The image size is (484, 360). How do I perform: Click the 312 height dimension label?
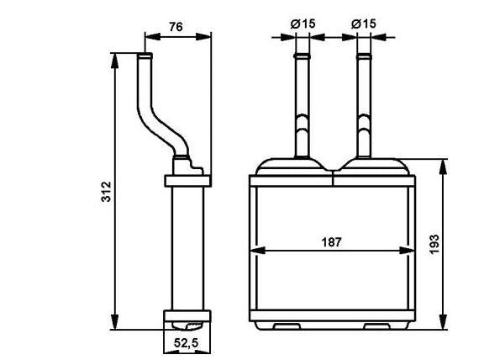pyautogui.click(x=106, y=192)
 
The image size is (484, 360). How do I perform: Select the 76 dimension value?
pyautogui.click(x=176, y=27)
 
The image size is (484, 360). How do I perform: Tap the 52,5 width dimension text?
pyautogui.click(x=187, y=342)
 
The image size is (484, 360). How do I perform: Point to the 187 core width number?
pyautogui.click(x=332, y=242)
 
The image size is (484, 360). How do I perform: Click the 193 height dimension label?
pyautogui.click(x=434, y=245)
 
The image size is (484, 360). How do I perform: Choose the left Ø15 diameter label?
pyautogui.click(x=302, y=24)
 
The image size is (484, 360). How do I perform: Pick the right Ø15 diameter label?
pyautogui.click(x=364, y=24)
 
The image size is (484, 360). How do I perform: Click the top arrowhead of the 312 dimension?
pyautogui.click(x=114, y=61)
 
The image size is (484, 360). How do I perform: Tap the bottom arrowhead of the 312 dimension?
pyautogui.click(x=114, y=322)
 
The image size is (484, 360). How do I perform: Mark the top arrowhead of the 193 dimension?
pyautogui.click(x=443, y=167)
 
